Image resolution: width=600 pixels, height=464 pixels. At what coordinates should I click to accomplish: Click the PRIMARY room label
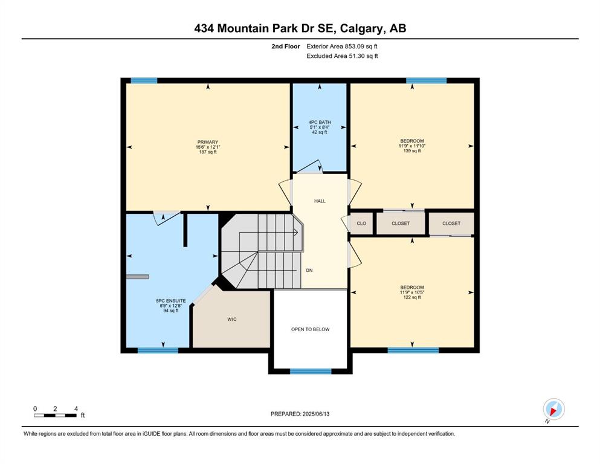207,142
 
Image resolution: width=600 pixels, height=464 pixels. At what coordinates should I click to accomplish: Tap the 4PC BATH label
320,123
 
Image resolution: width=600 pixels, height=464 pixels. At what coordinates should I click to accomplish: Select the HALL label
320,201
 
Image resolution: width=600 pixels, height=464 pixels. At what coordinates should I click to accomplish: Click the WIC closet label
232,319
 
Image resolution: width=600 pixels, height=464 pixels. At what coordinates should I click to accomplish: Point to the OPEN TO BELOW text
311,329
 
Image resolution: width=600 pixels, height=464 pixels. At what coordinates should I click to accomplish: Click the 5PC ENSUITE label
170,301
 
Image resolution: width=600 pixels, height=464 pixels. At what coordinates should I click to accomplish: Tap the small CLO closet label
361,224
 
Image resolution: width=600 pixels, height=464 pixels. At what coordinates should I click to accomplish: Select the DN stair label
309,270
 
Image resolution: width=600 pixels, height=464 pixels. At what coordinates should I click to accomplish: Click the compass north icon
553,409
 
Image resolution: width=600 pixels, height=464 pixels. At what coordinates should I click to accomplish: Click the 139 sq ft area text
412,150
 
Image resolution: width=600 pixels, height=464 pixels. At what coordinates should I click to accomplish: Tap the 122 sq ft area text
412,297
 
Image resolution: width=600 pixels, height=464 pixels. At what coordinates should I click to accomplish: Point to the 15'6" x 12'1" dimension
208,147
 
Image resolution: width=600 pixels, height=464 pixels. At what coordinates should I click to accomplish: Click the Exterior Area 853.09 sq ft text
342,47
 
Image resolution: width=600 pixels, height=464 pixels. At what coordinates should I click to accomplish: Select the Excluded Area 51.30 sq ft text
342,56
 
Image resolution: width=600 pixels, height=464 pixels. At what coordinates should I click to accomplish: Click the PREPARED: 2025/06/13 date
300,414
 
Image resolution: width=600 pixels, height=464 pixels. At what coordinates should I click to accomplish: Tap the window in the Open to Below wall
311,371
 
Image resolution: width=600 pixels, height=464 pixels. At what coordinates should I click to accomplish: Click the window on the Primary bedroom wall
144,80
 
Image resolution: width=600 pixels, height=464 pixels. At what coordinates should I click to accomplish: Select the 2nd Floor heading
286,47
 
